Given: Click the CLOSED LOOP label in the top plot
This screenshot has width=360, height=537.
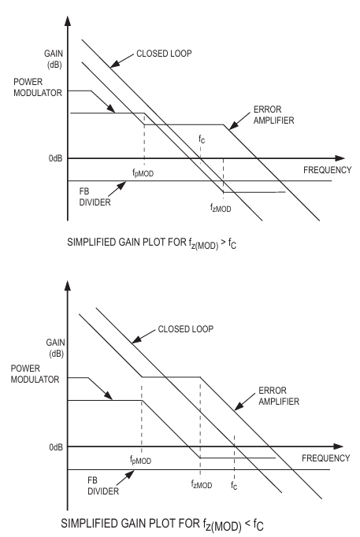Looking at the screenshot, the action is [x=164, y=54].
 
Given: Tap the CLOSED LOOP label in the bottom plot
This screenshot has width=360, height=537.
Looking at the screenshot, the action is [x=186, y=329].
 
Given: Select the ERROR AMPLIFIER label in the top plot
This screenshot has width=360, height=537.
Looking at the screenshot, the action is [x=273, y=115].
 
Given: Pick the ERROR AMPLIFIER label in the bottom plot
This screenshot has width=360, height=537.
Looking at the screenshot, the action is [x=279, y=396].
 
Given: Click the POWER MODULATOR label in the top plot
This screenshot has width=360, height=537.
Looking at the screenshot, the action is [x=38, y=87].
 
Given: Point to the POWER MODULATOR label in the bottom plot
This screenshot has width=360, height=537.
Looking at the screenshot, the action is [x=35, y=374].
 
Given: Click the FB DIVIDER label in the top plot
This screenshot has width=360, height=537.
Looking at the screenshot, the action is [x=95, y=197].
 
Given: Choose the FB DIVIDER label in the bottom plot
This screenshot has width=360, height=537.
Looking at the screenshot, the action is [x=103, y=486].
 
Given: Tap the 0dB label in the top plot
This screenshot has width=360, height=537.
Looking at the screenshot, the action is [x=55, y=158].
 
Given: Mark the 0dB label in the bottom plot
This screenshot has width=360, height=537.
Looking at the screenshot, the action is [x=56, y=447].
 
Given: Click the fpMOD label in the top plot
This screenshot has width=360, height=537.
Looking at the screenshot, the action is [x=143, y=173].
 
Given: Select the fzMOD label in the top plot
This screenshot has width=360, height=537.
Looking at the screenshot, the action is [x=221, y=208].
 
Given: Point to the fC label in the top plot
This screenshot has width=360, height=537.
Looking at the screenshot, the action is [x=202, y=139].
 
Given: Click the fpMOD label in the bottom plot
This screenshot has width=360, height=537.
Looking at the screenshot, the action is [x=140, y=460].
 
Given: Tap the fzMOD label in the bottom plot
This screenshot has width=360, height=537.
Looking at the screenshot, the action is [x=202, y=484].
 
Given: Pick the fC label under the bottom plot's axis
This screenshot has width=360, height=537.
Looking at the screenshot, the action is [x=234, y=485].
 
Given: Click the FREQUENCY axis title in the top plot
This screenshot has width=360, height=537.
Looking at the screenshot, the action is [x=328, y=170].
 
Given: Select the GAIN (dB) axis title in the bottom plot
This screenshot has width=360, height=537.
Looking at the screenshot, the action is [x=55, y=348].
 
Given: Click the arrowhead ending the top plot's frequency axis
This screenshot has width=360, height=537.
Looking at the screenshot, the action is [x=340, y=158].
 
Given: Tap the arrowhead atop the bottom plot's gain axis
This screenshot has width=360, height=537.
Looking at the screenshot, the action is [x=68, y=286].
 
